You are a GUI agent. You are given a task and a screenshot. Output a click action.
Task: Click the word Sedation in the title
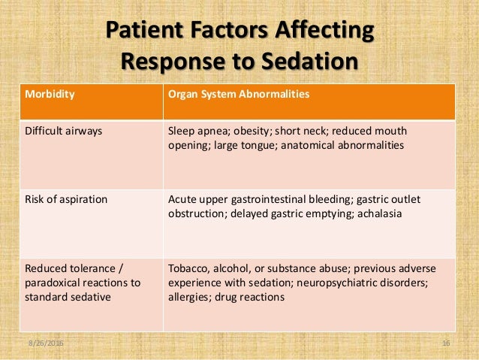click(313, 59)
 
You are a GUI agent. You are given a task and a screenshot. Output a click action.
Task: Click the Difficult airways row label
click(64, 131)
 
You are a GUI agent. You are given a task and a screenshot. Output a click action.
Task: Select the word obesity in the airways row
click(249, 131)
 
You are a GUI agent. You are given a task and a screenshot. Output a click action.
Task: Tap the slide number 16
click(446, 343)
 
